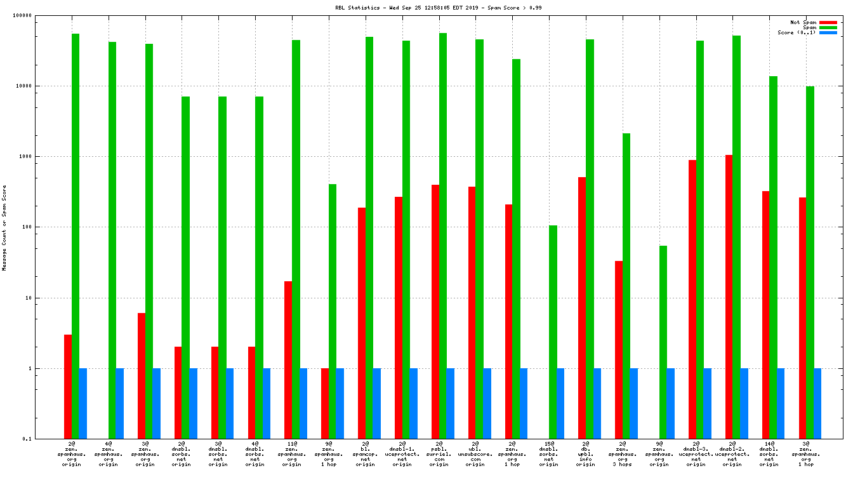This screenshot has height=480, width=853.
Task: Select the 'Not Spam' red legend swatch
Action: click(828, 22)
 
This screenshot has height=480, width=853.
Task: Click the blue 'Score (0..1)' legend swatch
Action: click(828, 32)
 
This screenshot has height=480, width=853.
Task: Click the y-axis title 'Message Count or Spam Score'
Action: click(4, 228)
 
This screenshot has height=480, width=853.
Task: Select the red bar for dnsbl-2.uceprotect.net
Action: click(729, 297)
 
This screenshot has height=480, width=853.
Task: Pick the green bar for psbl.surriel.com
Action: click(443, 236)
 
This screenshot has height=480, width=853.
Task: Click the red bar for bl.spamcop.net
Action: click(362, 323)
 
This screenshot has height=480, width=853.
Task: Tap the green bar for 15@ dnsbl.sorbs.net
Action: click(553, 331)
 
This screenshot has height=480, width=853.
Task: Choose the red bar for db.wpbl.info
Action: click(582, 307)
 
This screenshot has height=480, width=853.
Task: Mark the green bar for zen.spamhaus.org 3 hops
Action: click(626, 286)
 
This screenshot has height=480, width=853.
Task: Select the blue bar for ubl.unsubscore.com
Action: click(487, 403)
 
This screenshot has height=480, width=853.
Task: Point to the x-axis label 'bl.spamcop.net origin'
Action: click(366, 454)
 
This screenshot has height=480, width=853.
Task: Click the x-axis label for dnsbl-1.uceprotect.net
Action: click(402, 454)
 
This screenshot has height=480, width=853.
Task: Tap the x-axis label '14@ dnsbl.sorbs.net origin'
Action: click(769, 454)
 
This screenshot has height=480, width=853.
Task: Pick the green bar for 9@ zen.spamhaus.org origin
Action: click(663, 342)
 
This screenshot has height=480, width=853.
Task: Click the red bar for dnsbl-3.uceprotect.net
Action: click(692, 299)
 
